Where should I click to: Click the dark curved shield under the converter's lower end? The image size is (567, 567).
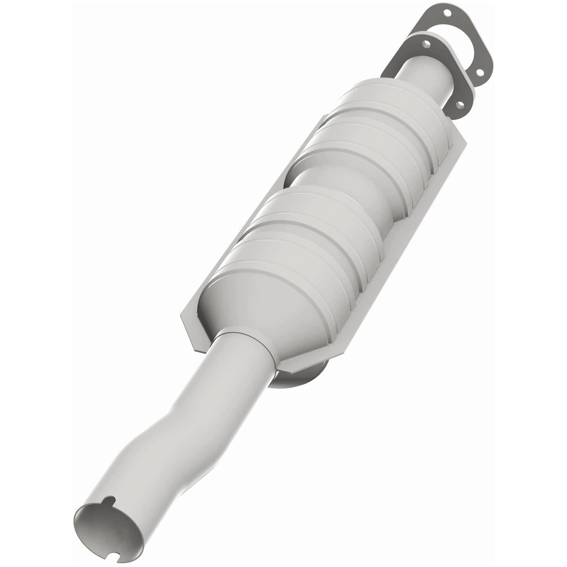pos(299,374)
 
